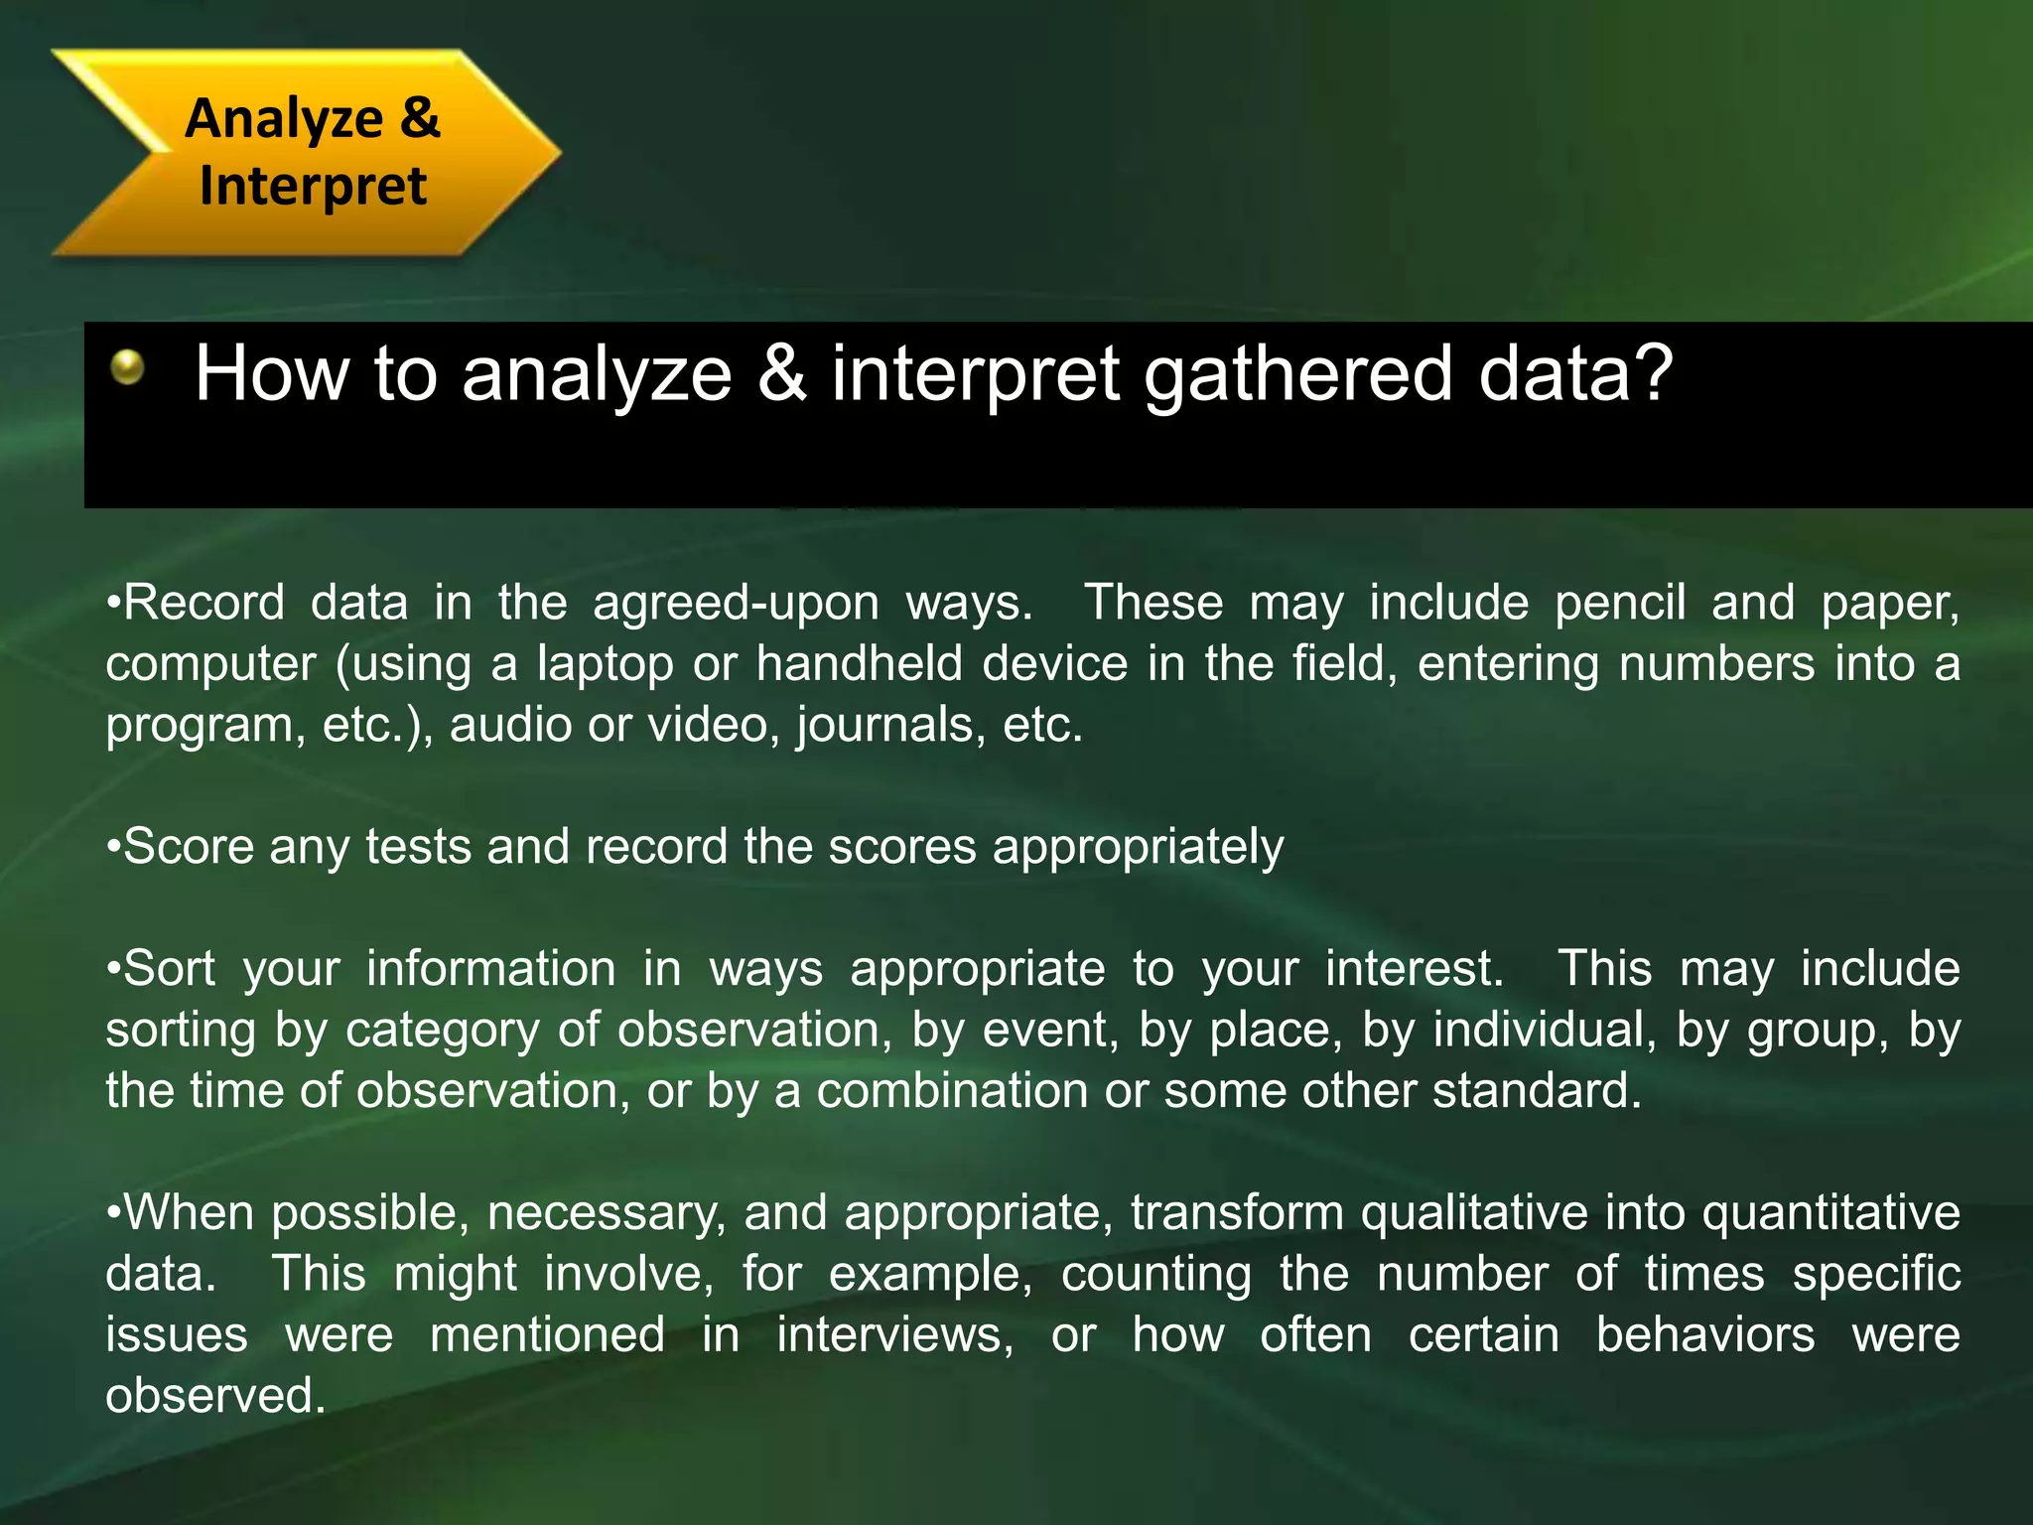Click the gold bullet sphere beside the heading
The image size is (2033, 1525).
tap(127, 367)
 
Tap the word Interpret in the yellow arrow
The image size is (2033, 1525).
tap(313, 186)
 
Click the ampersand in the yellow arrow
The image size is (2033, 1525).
tap(420, 118)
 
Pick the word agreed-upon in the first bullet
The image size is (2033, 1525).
tap(736, 603)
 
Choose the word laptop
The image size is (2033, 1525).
tap(606, 664)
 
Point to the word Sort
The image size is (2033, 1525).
tap(169, 969)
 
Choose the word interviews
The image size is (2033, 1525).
tap(894, 1335)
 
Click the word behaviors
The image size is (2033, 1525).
tap(1705, 1335)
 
